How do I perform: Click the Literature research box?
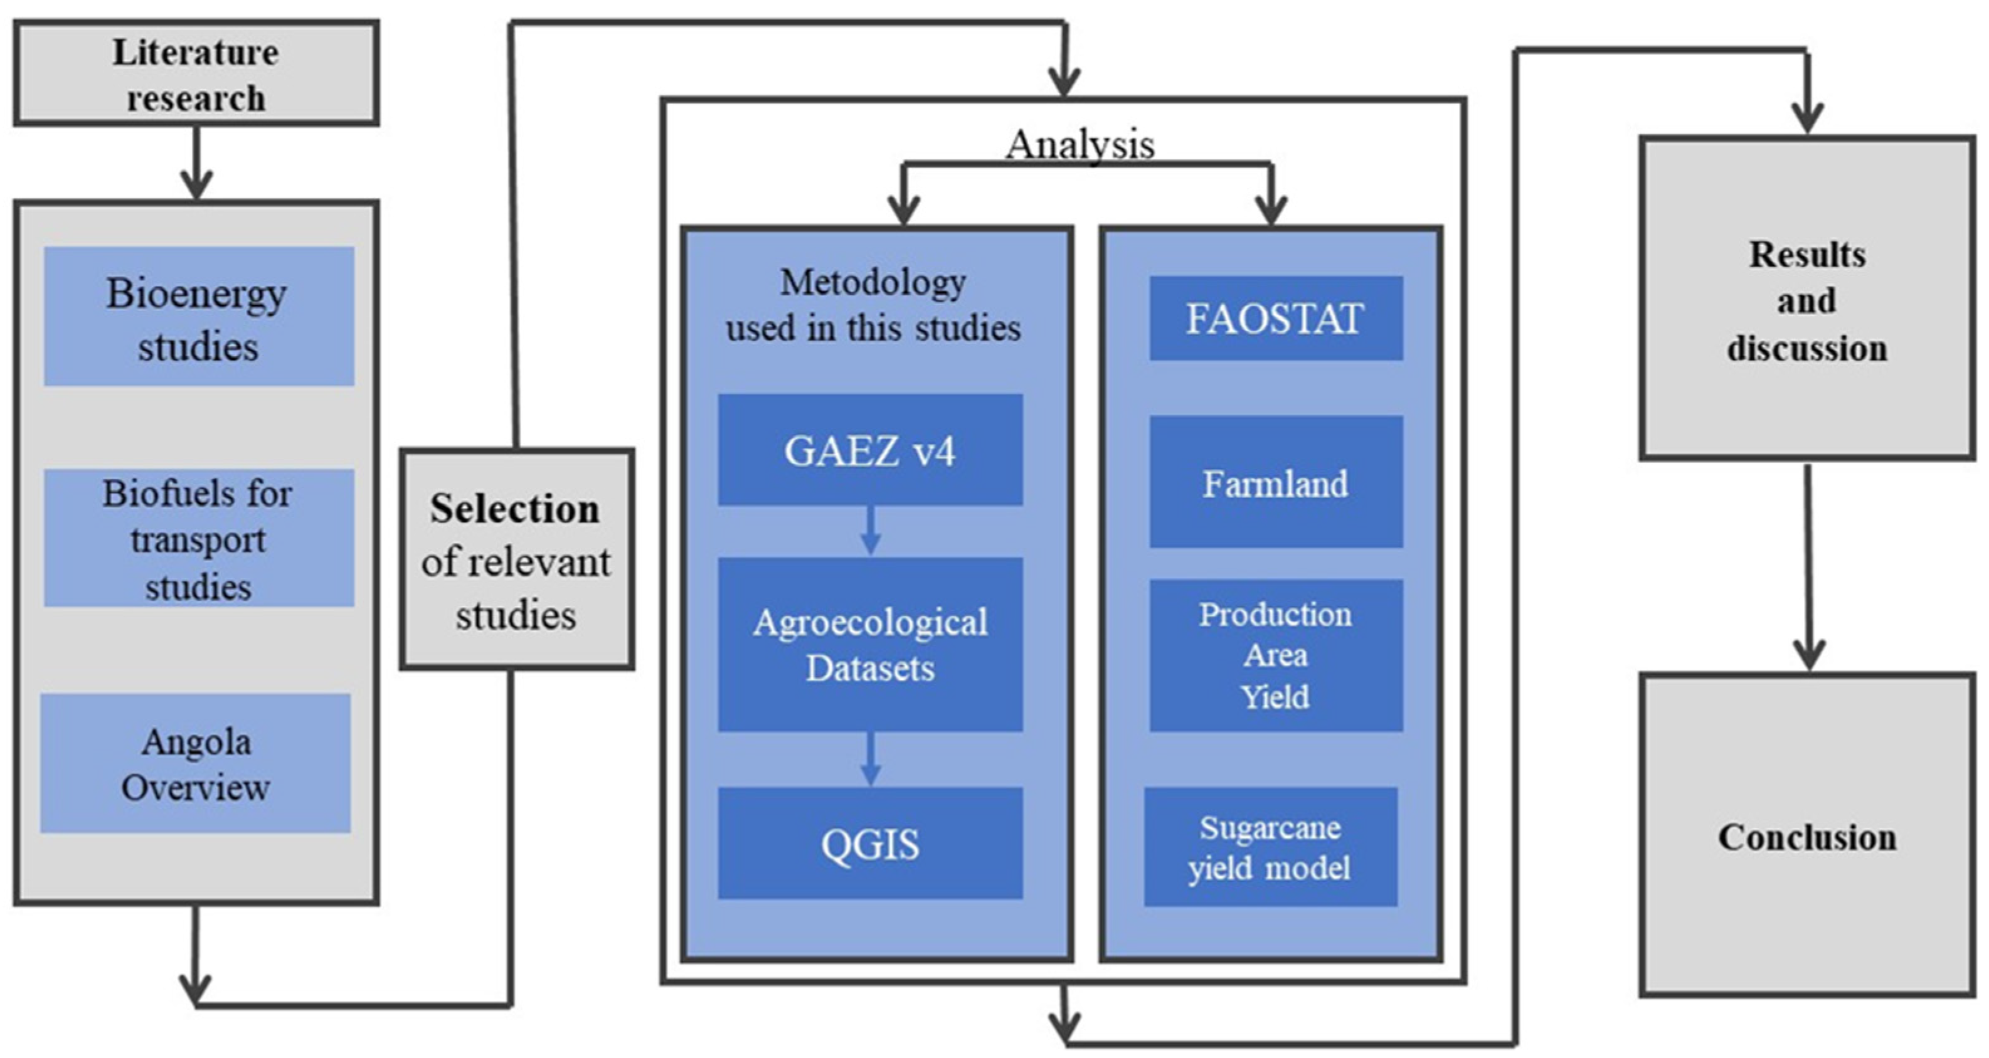(x=196, y=73)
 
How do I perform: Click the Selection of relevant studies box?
(x=517, y=558)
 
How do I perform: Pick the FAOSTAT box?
(x=1276, y=318)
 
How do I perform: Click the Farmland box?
(x=1276, y=483)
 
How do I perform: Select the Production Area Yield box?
(x=1276, y=655)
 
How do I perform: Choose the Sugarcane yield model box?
(x=1271, y=847)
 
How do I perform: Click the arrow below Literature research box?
(x=196, y=163)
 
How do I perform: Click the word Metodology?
(x=873, y=283)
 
